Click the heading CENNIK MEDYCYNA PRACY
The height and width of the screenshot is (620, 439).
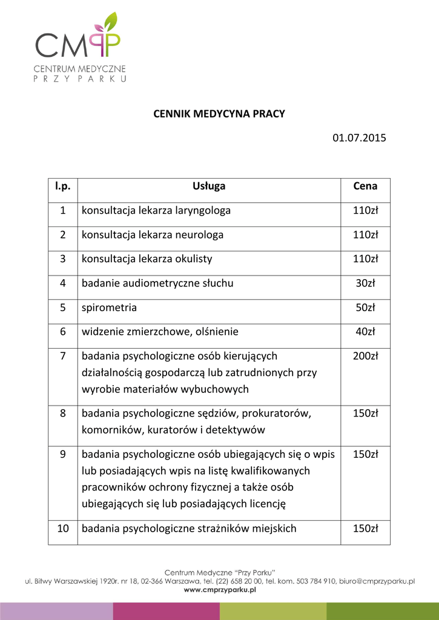[219, 114]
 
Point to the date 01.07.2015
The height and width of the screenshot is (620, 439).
[359, 138]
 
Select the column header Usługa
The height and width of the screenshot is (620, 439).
[209, 186]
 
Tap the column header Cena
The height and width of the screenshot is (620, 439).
[365, 186]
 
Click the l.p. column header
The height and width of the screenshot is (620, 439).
[63, 186]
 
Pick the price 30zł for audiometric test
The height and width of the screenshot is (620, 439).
[365, 283]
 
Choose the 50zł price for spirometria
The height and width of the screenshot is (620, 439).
[365, 308]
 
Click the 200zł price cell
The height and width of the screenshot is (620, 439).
[365, 356]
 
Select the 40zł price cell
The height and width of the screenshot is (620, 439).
[365, 332]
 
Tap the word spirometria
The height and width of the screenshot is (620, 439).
[109, 308]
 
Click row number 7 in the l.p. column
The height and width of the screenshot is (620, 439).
[63, 356]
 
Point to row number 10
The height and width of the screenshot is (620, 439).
[63, 529]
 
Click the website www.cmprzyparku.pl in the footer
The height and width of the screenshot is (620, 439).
[220, 590]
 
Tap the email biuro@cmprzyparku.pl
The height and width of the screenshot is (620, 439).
[377, 581]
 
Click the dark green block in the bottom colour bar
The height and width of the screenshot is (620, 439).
[383, 611]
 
